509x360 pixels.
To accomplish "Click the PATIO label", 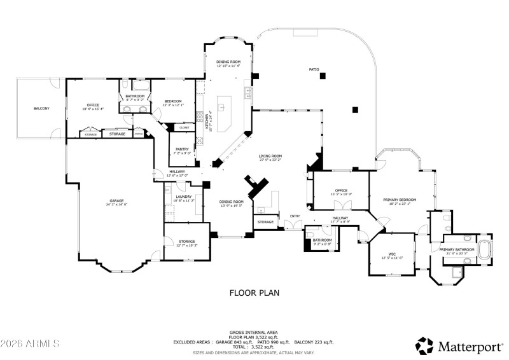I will tap(314, 69).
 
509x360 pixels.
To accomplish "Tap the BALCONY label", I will tap(41, 109).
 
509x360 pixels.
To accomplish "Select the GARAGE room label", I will tap(116, 201).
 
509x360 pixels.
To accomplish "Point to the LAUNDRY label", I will tap(183, 197).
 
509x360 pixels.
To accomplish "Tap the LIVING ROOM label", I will tap(270, 156).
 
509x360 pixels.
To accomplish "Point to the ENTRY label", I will tap(295, 216).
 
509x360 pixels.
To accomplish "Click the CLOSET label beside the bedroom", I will tap(184, 128).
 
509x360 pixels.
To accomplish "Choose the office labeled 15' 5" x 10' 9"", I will tap(342, 190).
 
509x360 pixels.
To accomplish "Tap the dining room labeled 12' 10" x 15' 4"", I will tap(227, 62).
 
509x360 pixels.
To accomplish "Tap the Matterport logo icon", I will tap(424, 345).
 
